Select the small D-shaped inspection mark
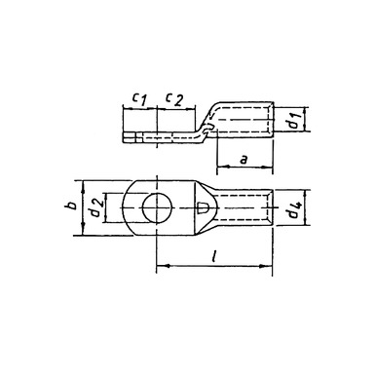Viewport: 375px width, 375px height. coord(203,208)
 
